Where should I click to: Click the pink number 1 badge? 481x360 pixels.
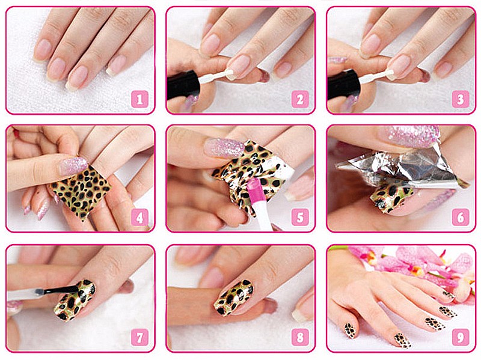(x=140, y=99)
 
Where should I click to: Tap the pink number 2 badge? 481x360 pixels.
(x=300, y=99)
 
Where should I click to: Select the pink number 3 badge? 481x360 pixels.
(x=461, y=99)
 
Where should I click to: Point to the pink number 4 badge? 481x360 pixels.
(x=140, y=218)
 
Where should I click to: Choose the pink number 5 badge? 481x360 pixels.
(x=300, y=218)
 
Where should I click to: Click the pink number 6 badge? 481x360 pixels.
(x=461, y=218)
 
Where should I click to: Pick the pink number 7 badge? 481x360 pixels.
(x=140, y=337)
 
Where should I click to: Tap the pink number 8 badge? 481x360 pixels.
(x=300, y=337)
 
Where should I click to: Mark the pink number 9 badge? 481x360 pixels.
(x=461, y=337)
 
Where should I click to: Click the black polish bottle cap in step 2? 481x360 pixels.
(x=184, y=85)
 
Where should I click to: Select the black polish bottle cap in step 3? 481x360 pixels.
(x=344, y=85)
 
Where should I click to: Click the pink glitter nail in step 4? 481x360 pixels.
(x=73, y=166)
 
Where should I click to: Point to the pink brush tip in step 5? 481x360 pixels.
(x=254, y=188)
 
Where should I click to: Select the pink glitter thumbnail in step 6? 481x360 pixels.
(x=409, y=136)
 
